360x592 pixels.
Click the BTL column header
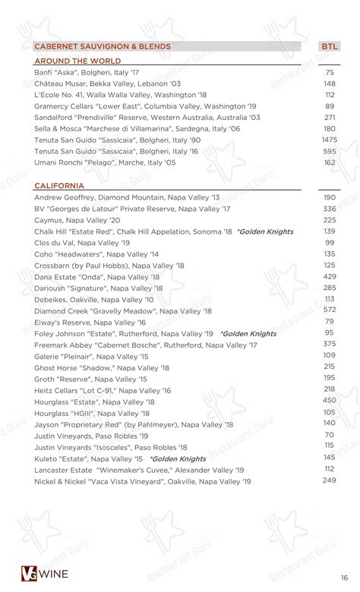click(x=329, y=46)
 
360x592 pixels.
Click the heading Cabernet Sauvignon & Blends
click(x=103, y=46)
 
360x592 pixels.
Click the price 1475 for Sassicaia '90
click(x=329, y=140)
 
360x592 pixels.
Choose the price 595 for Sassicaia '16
click(x=329, y=151)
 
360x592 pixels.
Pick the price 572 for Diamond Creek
click(x=329, y=310)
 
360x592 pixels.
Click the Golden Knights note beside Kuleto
click(x=178, y=458)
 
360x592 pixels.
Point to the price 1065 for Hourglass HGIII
click(x=329, y=412)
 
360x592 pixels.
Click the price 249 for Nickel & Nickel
click(x=329, y=480)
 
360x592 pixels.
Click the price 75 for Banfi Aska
click(x=329, y=72)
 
